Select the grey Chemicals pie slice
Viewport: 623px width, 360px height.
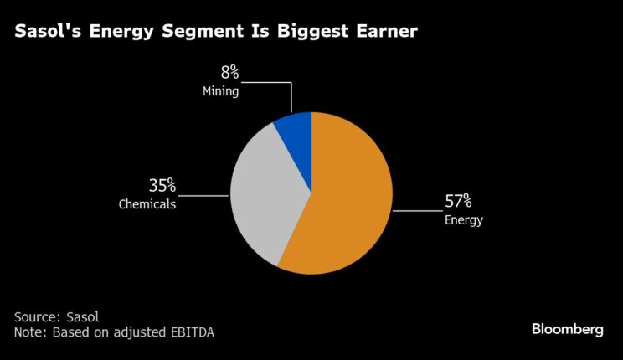point(260,193)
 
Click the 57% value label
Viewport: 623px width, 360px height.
point(458,201)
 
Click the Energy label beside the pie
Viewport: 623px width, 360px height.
point(463,220)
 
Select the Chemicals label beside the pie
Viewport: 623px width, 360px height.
point(147,203)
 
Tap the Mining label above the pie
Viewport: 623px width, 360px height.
point(221,92)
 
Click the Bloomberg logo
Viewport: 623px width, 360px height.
point(567,329)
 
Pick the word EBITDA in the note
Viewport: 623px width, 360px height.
point(191,332)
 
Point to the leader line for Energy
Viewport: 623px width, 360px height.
point(414,211)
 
